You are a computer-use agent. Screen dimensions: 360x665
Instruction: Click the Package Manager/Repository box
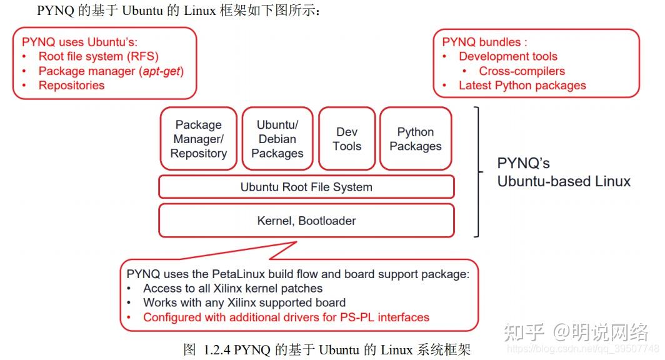point(199,139)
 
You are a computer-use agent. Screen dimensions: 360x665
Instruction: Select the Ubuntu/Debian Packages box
point(277,139)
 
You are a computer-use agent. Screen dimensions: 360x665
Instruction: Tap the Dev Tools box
point(347,139)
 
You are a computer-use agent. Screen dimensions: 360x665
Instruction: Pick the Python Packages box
point(416,139)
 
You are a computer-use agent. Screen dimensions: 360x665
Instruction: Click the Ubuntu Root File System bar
point(306,187)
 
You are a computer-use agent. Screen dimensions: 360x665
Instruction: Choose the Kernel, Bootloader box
point(306,221)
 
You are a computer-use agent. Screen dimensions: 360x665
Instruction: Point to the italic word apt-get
point(164,71)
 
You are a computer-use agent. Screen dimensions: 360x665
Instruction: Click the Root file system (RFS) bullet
point(98,57)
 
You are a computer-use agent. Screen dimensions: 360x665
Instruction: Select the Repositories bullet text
point(71,86)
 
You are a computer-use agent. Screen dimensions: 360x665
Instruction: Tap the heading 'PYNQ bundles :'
point(484,42)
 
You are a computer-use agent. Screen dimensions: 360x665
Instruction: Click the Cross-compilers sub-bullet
point(522,71)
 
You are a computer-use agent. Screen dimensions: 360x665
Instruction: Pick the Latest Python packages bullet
point(522,86)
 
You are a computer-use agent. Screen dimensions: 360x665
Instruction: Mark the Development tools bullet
point(507,57)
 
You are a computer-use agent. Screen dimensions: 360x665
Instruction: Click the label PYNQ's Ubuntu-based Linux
point(563,172)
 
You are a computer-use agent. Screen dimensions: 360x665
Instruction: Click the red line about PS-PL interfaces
point(286,317)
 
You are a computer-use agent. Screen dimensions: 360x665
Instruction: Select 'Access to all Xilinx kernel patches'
point(232,289)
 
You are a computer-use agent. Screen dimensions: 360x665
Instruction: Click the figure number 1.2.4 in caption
point(218,349)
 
